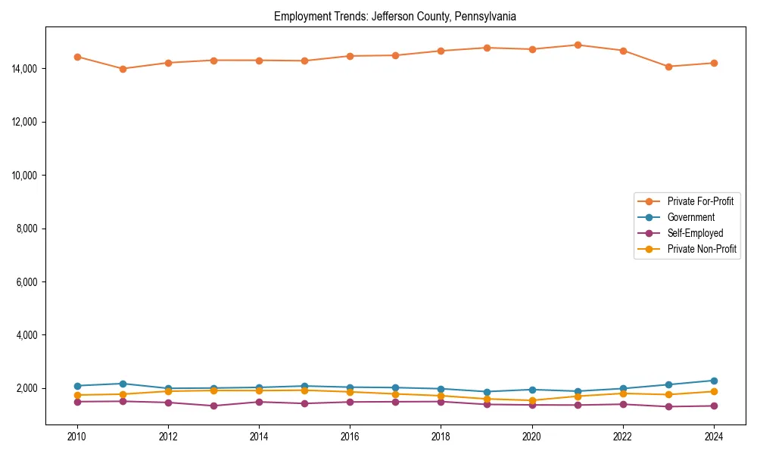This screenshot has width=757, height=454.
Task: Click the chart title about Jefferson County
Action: pyautogui.click(x=395, y=16)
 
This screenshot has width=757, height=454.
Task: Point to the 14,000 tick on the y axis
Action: pyautogui.click(x=26, y=69)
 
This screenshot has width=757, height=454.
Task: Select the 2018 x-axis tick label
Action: pyautogui.click(x=441, y=437)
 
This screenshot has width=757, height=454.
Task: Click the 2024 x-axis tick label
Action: pyautogui.click(x=714, y=437)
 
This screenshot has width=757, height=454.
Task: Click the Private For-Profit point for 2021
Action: pyautogui.click(x=578, y=45)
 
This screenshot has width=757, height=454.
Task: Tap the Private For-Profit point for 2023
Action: pyautogui.click(x=668, y=67)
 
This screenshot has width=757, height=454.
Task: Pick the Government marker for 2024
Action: pyautogui.click(x=714, y=381)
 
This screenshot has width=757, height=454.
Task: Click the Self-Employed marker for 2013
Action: pyautogui.click(x=213, y=406)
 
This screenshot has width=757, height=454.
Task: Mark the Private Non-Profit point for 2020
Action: pyautogui.click(x=532, y=400)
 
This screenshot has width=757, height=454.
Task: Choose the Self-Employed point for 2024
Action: pyautogui.click(x=714, y=406)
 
